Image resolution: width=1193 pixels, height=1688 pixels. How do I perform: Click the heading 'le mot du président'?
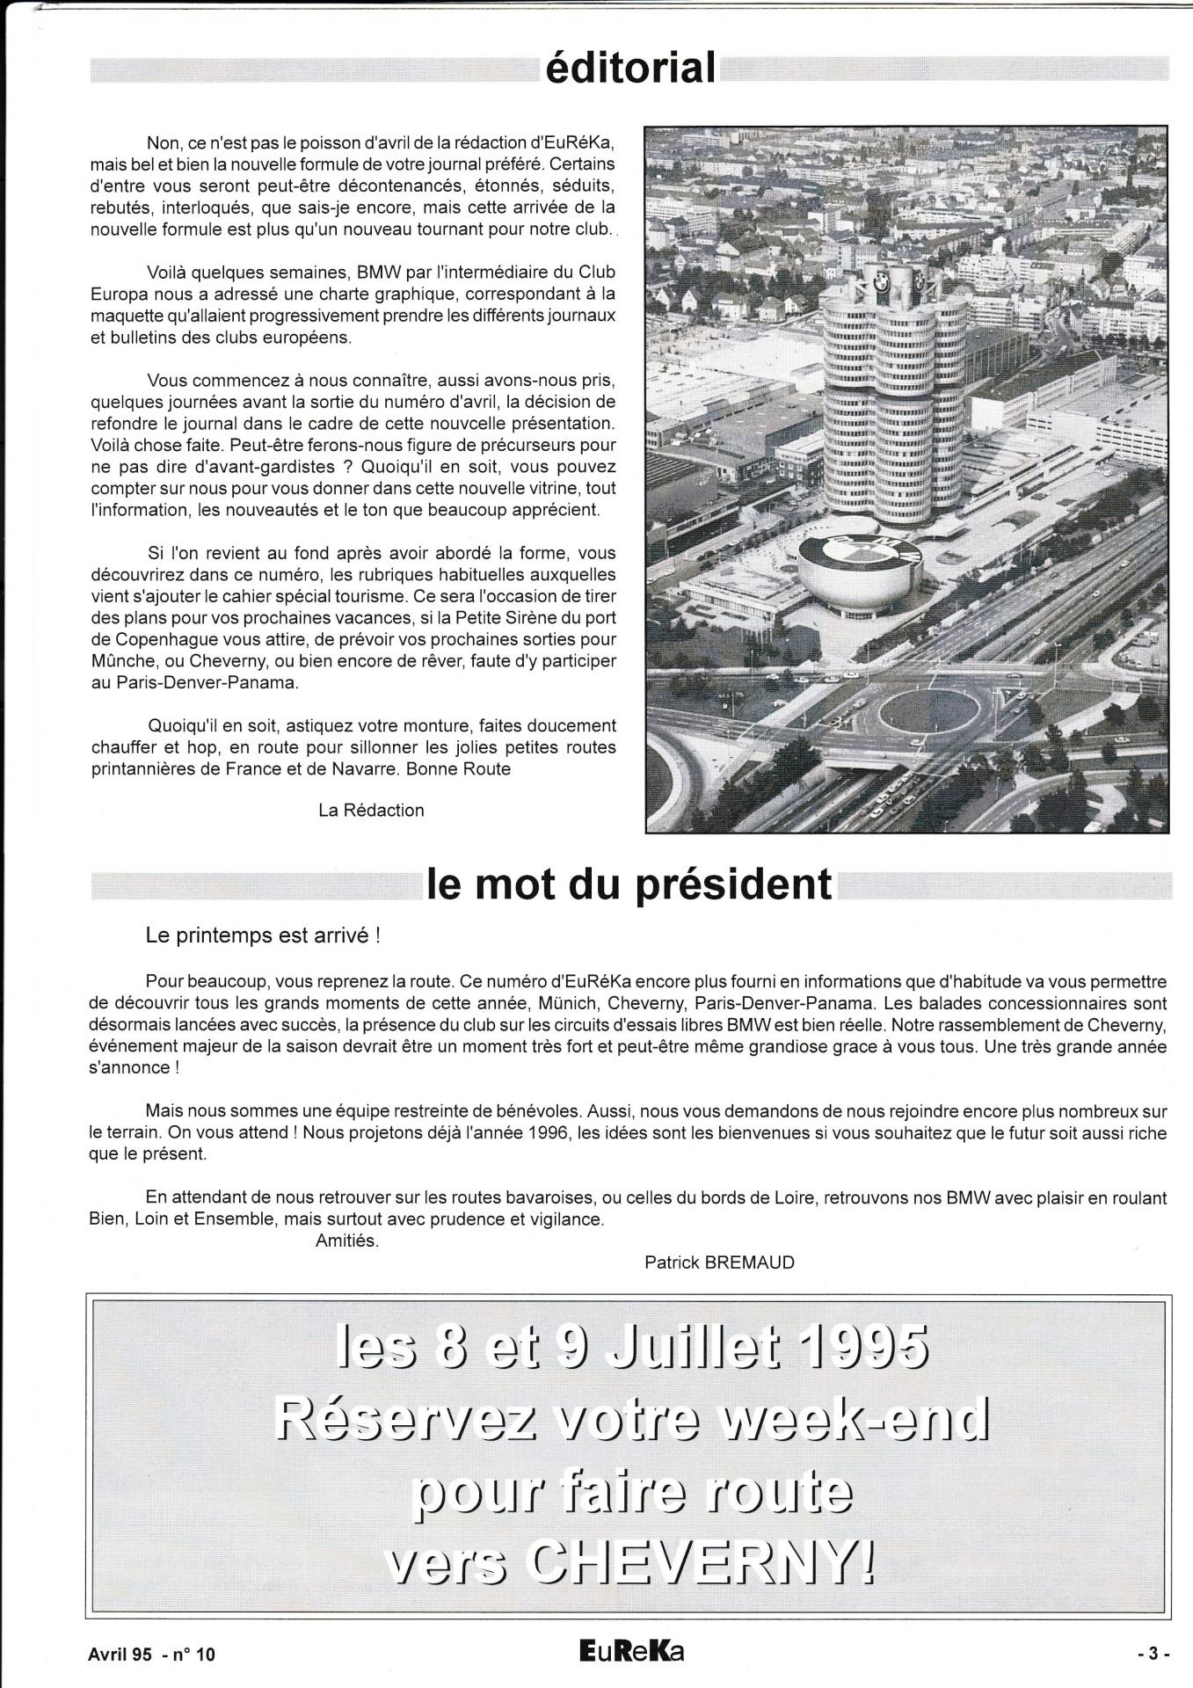coord(629,884)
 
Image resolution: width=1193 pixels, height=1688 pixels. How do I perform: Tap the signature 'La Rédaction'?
coord(371,810)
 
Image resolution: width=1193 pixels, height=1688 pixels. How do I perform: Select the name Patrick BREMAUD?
coord(719,1262)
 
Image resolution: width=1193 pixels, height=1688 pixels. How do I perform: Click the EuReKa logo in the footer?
coord(626,1652)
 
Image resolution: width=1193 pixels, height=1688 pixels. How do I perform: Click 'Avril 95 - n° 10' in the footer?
coord(151,1654)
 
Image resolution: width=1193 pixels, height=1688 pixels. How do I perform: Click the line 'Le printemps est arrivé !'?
coord(263,935)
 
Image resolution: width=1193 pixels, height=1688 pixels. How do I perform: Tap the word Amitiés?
coord(346,1241)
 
